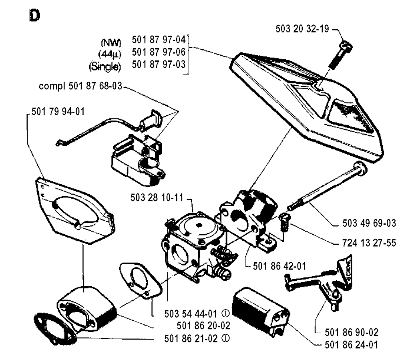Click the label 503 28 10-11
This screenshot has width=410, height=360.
[x=157, y=197]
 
